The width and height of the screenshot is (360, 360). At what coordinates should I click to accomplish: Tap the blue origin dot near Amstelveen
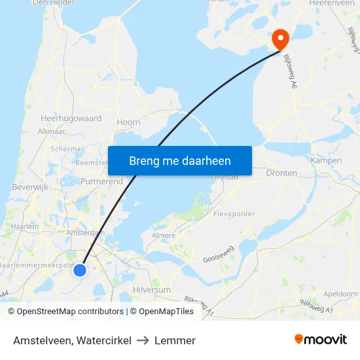click(80, 270)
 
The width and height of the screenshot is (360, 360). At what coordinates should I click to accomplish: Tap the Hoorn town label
click(128, 122)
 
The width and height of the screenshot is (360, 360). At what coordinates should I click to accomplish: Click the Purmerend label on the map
click(101, 181)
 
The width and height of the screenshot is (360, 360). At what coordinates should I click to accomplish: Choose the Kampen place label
click(327, 160)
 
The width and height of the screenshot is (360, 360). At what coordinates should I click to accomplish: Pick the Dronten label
click(281, 173)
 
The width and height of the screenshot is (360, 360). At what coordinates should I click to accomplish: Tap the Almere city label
click(163, 235)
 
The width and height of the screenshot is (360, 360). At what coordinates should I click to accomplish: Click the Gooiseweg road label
click(219, 259)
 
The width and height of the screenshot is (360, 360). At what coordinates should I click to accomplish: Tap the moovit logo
click(320, 339)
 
